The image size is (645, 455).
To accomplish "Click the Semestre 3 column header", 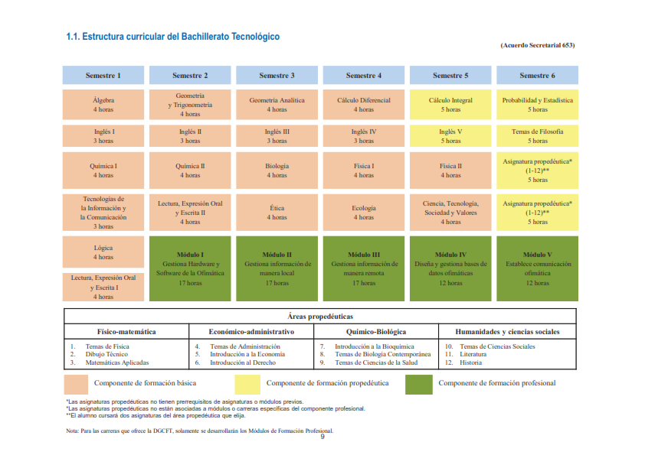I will [277, 76].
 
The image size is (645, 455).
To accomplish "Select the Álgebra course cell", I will [103, 105].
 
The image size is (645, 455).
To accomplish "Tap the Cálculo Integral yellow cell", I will [450, 105].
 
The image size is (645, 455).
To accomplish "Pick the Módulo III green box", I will [364, 268].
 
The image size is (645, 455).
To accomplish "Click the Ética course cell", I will [277, 212].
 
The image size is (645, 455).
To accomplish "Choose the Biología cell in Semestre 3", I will [277, 171].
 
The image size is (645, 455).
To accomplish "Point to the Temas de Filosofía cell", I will [537, 136].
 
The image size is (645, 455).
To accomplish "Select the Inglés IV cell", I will [364, 136].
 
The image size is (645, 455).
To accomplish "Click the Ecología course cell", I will [364, 212].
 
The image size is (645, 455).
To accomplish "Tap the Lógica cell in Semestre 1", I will [103, 252].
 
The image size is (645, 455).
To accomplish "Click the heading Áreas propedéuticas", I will [320, 316].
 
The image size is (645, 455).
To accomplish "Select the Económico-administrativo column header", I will [251, 332].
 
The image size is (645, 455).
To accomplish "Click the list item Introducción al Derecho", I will [241, 362].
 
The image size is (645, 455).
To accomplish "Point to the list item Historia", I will [470, 362].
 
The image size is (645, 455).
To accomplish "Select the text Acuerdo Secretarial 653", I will [537, 45].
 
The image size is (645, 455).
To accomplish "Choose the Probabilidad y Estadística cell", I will [537, 105].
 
